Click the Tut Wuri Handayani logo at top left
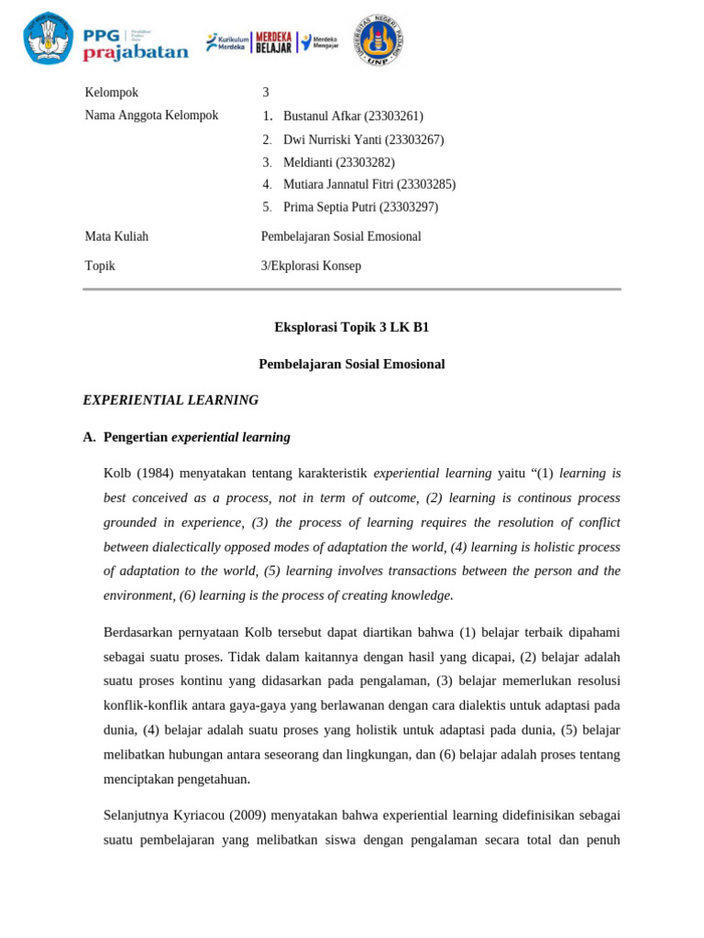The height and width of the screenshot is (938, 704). (x=49, y=38)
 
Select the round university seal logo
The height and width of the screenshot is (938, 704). (x=379, y=40)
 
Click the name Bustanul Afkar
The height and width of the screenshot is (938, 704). (x=323, y=116)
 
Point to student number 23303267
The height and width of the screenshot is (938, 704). (x=414, y=140)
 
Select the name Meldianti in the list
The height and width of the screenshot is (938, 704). (x=308, y=163)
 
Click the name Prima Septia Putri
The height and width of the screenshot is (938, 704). (x=328, y=207)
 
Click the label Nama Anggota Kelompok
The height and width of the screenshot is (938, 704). (x=151, y=115)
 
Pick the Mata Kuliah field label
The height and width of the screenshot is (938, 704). (x=116, y=236)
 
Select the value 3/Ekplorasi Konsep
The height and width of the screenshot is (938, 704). (x=311, y=266)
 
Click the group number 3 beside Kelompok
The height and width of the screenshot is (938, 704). (x=266, y=93)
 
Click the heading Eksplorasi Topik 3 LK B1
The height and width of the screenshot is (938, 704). (x=351, y=327)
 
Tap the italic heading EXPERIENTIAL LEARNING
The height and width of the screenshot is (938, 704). (x=170, y=400)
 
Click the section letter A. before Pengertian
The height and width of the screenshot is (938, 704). (x=89, y=438)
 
